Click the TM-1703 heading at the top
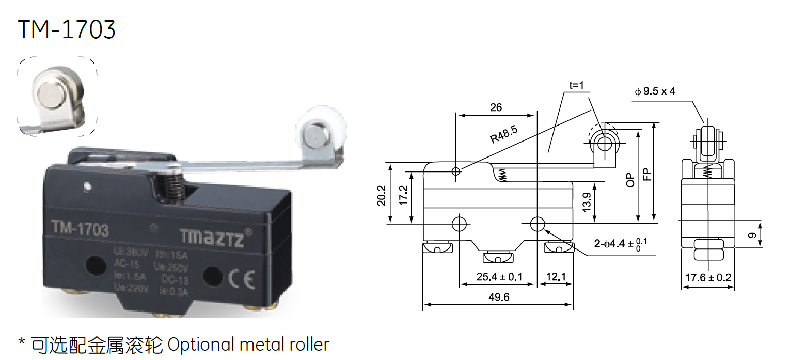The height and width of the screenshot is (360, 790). (67, 29)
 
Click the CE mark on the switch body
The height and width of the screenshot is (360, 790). (241, 279)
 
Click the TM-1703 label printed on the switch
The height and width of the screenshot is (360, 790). (80, 229)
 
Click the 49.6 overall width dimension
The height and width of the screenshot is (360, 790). (497, 297)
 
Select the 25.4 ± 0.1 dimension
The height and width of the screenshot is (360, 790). (499, 277)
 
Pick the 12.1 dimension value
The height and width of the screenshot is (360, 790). (556, 277)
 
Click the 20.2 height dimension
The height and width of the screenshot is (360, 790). (382, 196)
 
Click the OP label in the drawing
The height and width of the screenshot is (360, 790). (630, 179)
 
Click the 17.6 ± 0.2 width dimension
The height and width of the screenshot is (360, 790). (708, 278)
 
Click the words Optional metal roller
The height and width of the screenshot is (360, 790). (248, 344)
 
